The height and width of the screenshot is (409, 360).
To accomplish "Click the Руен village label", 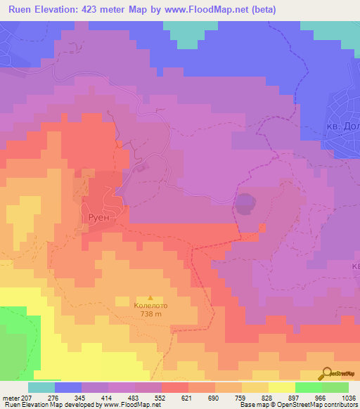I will click(x=96, y=218).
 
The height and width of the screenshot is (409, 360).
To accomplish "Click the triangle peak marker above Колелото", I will click(x=150, y=297).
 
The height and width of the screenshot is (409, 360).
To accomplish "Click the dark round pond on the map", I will click(x=244, y=204).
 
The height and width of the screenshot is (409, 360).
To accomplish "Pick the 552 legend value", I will click(x=161, y=397).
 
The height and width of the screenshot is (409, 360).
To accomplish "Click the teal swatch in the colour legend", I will click(x=41, y=387).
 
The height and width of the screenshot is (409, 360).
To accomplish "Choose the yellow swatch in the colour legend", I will click(x=281, y=387).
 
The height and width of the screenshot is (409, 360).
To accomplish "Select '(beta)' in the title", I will click(x=262, y=10).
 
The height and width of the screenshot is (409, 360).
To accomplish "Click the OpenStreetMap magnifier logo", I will click(x=325, y=374).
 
